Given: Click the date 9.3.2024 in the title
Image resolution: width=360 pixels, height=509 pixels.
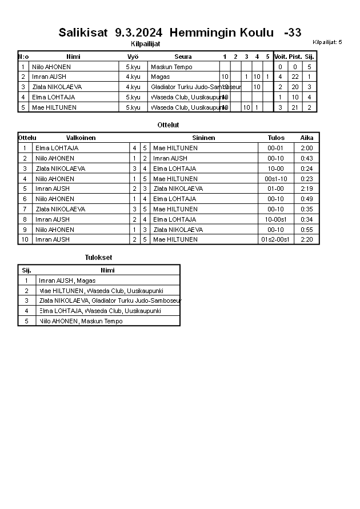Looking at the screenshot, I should point(139,33).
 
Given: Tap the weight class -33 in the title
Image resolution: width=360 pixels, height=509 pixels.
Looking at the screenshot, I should point(293,33).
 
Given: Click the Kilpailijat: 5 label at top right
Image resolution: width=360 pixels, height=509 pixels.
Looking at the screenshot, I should point(327,42).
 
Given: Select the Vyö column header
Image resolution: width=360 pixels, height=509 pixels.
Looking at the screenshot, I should point(133,57).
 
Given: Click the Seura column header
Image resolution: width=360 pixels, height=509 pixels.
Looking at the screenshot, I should point(183,57).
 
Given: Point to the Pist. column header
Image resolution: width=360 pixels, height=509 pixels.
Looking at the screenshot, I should point(295,57).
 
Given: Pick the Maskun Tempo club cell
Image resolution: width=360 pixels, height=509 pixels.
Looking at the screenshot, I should point(171,67).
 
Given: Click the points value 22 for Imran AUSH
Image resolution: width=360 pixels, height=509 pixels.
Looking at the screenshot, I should point(295,77).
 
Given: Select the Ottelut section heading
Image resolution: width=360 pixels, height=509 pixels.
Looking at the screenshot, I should point(168,125).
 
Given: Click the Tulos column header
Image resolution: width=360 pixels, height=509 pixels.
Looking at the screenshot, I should point(276,138).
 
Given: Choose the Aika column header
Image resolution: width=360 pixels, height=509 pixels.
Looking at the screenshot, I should point(307,138).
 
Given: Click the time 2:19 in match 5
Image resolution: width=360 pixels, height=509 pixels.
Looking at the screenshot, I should point(307,189).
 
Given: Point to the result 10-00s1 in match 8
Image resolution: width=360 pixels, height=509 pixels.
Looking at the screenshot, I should point(276,219).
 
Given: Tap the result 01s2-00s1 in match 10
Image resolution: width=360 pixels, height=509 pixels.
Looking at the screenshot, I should point(276,239).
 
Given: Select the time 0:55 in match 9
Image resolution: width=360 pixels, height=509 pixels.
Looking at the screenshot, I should point(307,230).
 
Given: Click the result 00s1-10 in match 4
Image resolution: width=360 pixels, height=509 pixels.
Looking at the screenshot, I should point(276,179).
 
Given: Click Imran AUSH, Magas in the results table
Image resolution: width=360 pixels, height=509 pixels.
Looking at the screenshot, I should point(67,280).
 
